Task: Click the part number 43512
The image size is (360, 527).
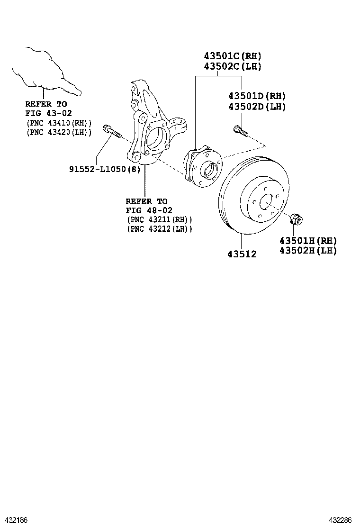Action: [x=241, y=254]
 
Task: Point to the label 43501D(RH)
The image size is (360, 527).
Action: [x=257, y=96]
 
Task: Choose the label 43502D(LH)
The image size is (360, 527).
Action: [x=257, y=107]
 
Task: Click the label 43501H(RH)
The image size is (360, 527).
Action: [x=308, y=240]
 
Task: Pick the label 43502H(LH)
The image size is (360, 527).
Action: [x=308, y=251]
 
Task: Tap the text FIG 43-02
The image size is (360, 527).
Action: [x=46, y=113]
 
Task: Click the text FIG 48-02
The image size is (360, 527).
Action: [x=149, y=210]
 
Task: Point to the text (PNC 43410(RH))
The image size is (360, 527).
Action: [x=58, y=122]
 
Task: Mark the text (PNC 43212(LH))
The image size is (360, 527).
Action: [x=160, y=229]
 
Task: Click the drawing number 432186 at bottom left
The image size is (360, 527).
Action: [x=15, y=520]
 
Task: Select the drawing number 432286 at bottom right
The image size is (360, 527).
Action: [x=344, y=520]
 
